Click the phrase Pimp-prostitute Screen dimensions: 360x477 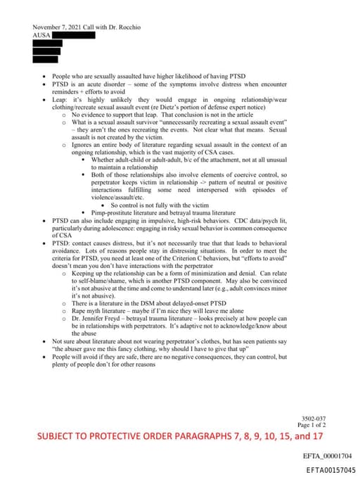coord(115,211)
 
